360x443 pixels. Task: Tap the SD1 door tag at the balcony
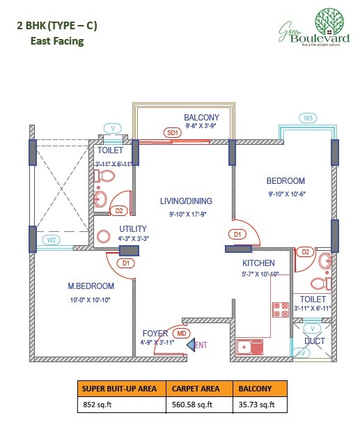point(172,132)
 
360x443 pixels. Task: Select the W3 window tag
point(307,118)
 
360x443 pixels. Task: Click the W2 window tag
point(51,240)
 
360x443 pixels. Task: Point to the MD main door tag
point(182,334)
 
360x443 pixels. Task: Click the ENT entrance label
point(201,344)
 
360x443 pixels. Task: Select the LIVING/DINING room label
point(182,202)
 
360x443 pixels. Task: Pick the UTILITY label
point(132,228)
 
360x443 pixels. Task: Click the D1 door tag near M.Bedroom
point(126,263)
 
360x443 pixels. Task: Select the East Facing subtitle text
point(56,41)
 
